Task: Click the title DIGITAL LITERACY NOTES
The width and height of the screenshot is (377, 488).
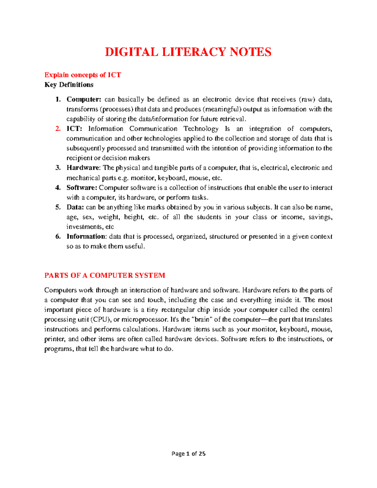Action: (x=188, y=52)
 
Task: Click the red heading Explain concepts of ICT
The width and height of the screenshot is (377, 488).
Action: (x=83, y=75)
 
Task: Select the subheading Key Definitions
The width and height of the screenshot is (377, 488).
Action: (x=69, y=85)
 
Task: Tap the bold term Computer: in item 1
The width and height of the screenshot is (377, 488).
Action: (x=84, y=100)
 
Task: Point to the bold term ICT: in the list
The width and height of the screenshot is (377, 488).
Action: (x=74, y=129)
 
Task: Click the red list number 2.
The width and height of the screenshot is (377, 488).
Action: (x=57, y=129)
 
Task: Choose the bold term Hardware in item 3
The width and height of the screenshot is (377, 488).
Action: (x=83, y=168)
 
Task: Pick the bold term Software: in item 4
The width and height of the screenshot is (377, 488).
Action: (x=82, y=188)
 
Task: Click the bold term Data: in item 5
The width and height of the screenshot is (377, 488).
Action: (x=75, y=207)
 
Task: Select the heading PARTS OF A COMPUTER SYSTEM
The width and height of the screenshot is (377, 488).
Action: (x=105, y=276)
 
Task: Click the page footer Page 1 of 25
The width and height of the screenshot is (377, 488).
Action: (x=188, y=453)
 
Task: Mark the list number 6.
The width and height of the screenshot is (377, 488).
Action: (x=57, y=237)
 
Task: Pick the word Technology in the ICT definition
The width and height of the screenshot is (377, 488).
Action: (x=201, y=129)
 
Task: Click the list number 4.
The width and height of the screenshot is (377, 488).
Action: (x=57, y=188)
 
